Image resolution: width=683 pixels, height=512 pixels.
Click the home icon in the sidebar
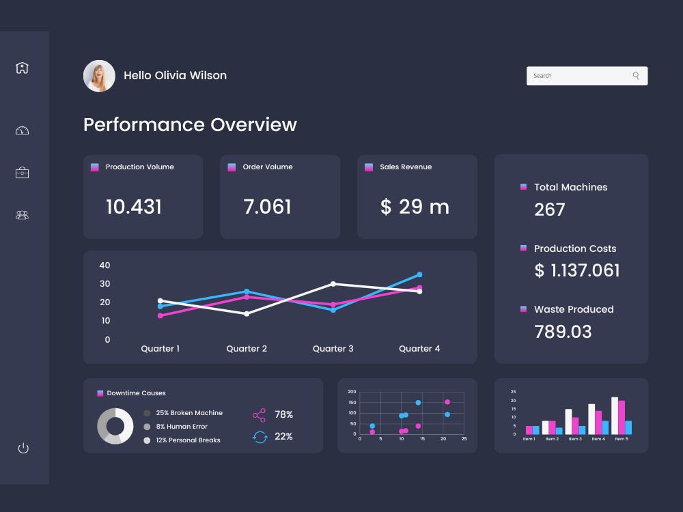[x=23, y=68]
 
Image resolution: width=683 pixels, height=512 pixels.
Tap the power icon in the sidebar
[x=23, y=448]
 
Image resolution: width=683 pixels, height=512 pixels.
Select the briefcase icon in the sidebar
[x=23, y=173]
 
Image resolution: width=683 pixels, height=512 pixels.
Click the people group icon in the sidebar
[x=23, y=215]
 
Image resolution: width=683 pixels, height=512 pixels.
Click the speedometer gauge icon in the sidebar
[x=23, y=130]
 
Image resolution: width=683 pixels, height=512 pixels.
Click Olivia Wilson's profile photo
[x=99, y=76]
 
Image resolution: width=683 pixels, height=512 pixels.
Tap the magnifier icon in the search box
[x=636, y=76]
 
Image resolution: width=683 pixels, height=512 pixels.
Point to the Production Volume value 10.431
[x=134, y=207]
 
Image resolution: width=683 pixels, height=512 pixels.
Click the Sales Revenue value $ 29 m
[x=415, y=207]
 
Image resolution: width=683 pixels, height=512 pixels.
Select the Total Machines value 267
[x=550, y=210]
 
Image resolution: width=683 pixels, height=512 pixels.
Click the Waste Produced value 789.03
[x=563, y=332]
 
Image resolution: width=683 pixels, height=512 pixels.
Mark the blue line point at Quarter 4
[x=419, y=274]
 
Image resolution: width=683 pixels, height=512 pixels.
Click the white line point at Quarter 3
[x=333, y=284]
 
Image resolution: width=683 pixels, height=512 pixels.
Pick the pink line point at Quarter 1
[x=161, y=315]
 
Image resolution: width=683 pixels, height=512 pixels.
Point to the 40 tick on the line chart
[x=105, y=265]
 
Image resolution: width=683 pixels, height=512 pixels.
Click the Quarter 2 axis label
[x=247, y=349]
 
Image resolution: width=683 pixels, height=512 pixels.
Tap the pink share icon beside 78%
[x=259, y=415]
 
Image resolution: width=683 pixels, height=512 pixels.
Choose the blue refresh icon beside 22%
[x=260, y=437]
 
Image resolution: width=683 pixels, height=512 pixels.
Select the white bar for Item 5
[x=615, y=416]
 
